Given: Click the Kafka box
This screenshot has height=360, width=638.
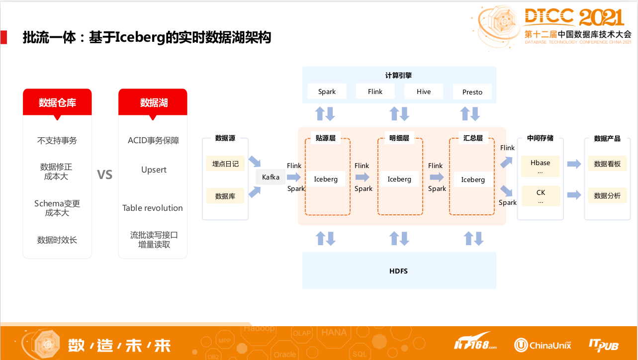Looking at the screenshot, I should pos(271,177).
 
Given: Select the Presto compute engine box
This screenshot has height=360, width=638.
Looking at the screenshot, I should pos(472,92).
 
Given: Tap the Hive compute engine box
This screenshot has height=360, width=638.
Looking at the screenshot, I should pos(424,91).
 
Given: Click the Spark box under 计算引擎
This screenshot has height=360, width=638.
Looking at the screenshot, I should pos(327,91).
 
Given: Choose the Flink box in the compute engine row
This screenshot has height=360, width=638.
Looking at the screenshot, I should pos(375,91).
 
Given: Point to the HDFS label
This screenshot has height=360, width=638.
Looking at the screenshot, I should pos(398,271).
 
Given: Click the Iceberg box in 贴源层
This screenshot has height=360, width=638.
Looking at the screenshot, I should pos(326,179).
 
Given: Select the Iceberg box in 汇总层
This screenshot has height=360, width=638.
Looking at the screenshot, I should pos(472,180).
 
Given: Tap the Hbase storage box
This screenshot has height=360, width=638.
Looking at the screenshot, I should pos(540,167).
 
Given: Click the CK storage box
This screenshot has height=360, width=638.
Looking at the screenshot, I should pos(541,196).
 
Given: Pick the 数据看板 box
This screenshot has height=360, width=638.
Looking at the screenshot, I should pos(607,164).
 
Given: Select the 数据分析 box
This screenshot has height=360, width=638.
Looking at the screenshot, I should pos(607,196).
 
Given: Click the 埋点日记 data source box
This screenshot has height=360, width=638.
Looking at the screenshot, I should pos(225,164).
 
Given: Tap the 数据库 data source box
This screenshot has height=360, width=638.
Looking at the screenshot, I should pos(225,196).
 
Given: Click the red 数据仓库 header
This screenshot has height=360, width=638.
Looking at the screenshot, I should pos(57,103).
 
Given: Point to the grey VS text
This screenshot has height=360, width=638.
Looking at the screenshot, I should pos(105,175).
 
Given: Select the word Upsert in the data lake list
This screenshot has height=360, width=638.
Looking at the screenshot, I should pos(154,170).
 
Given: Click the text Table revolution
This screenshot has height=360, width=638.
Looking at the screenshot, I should pos(153,208).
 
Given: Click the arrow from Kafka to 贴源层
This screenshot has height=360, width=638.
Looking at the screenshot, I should pos(294,177).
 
